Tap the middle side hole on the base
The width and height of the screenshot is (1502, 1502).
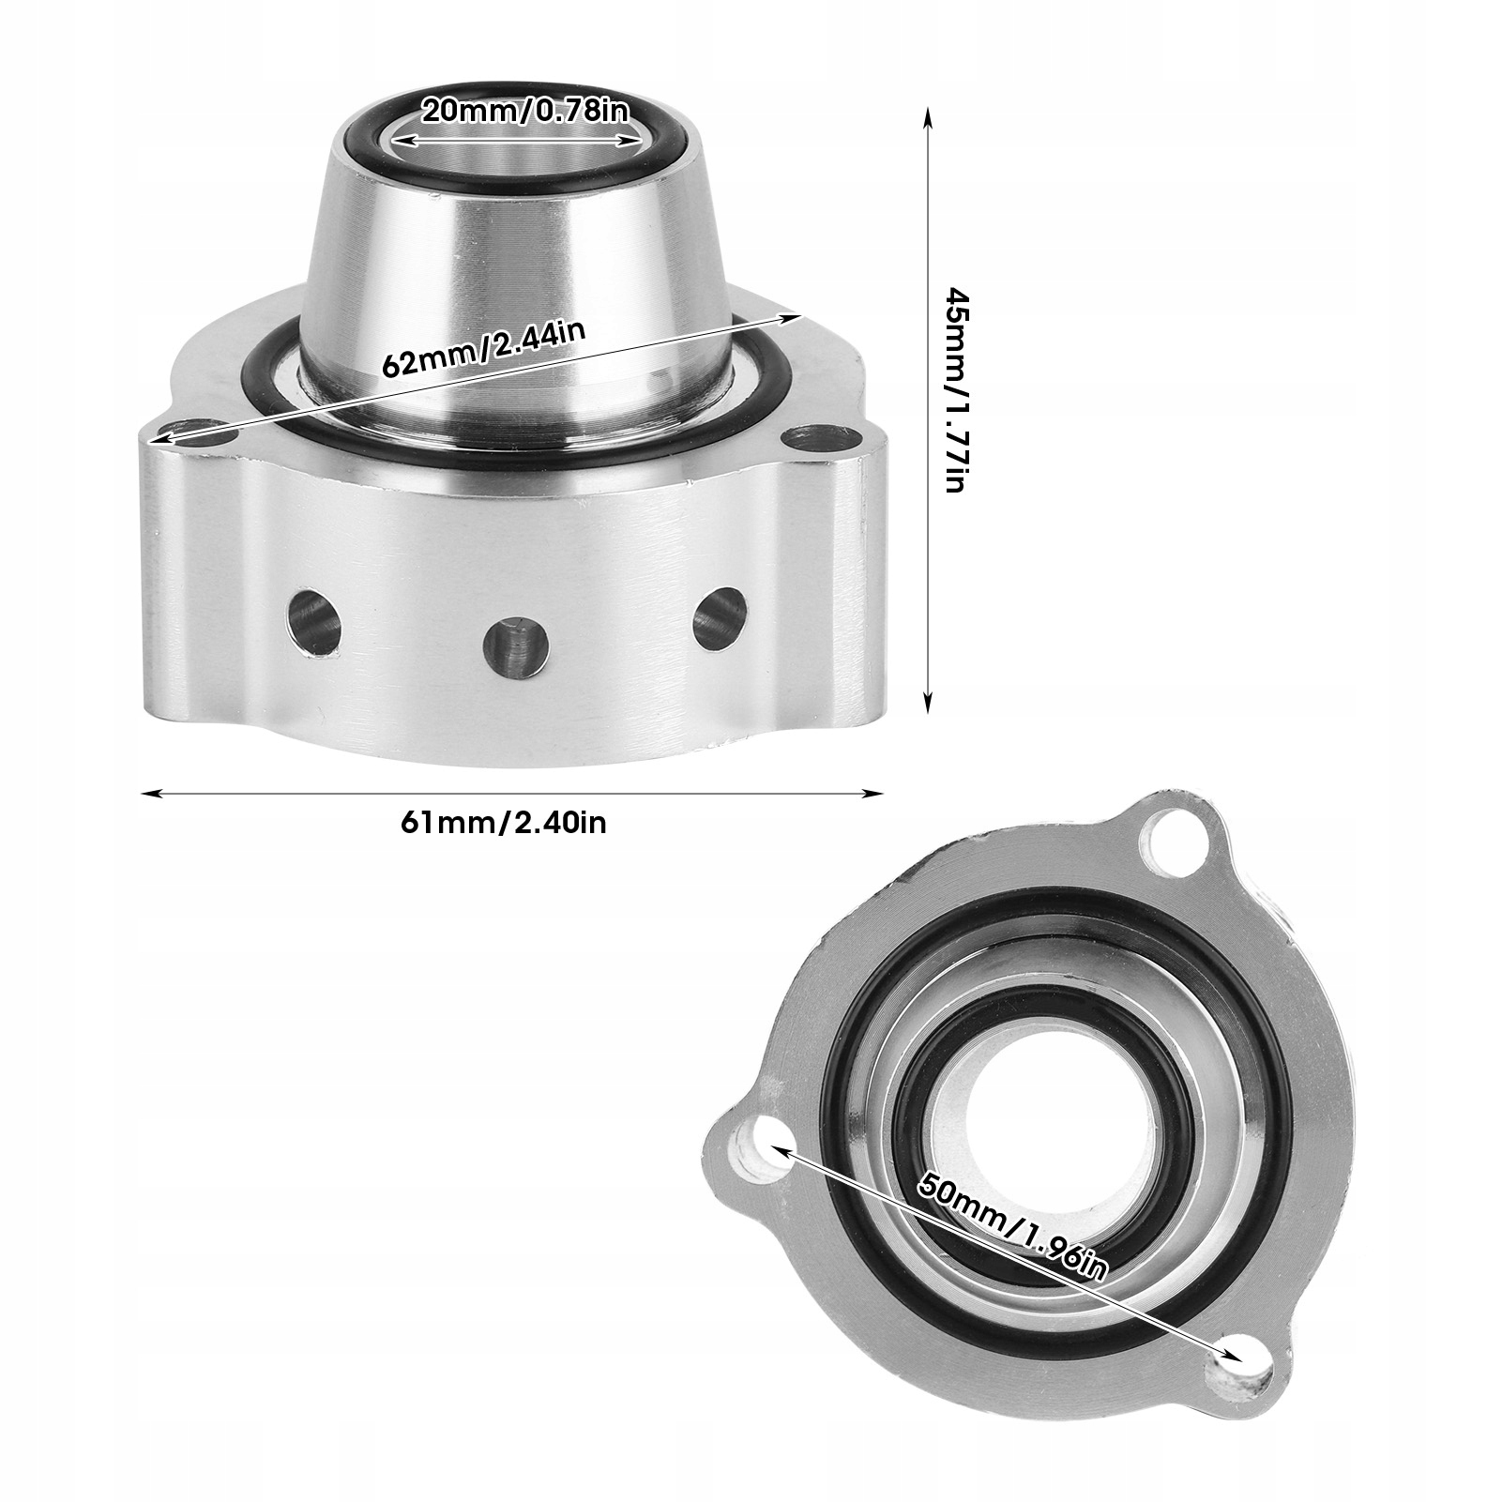(x=516, y=645)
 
